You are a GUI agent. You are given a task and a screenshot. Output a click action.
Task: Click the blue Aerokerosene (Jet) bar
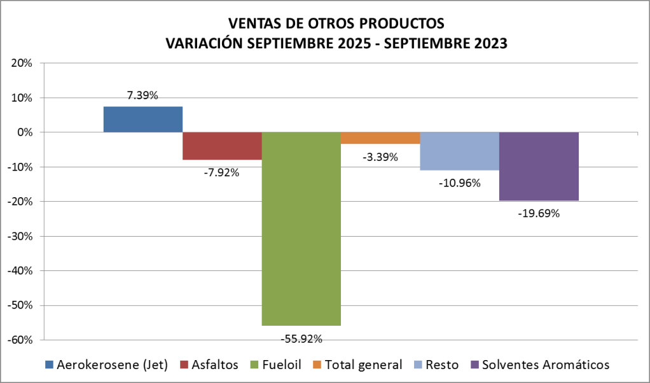(142, 119)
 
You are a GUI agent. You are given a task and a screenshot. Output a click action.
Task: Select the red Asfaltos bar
(222, 146)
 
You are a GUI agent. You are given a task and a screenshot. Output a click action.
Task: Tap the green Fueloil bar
(301, 228)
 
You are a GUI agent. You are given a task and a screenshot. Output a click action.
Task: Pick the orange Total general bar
(380, 138)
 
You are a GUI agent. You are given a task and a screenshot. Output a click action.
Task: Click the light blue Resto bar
(459, 151)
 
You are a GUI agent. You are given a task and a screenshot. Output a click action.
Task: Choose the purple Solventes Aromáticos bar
(539, 166)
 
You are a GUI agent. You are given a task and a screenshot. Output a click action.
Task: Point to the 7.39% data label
(142, 95)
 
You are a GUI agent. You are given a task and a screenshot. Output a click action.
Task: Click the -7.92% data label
(222, 172)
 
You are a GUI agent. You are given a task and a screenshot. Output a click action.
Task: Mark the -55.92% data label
(301, 338)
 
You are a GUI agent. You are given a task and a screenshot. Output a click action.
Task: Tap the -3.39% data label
(380, 157)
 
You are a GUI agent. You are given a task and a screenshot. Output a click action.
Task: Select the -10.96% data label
(459, 183)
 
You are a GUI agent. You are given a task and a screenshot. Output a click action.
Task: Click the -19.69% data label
(539, 214)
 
